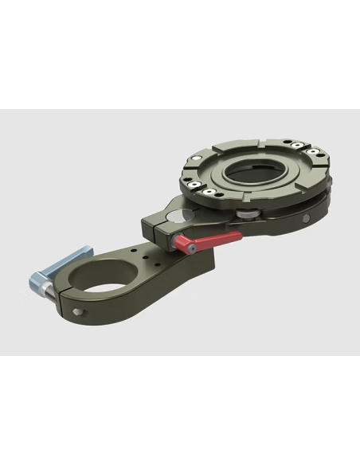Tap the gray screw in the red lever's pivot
point(190,250)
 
